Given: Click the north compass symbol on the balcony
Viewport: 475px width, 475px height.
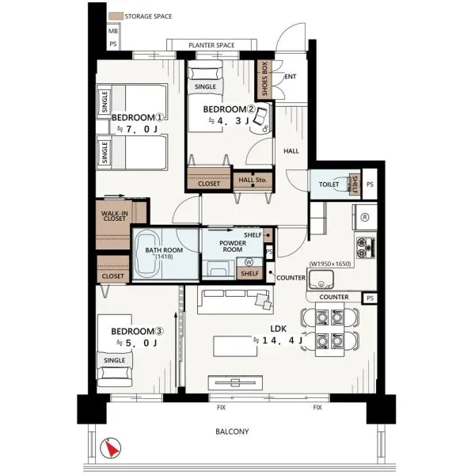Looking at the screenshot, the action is tap(111, 447).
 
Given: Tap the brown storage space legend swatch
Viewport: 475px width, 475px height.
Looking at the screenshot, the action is tap(116, 16).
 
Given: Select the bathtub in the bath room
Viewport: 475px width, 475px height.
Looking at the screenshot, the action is tap(147, 254).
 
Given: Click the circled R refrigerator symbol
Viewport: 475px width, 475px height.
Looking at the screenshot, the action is tap(365, 217).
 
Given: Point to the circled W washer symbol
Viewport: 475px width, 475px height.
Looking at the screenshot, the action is tap(249, 262).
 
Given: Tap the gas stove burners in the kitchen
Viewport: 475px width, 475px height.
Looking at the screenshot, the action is tap(366, 248).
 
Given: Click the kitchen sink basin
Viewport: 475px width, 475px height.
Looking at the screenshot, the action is tap(321, 279).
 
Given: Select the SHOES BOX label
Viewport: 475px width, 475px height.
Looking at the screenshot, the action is tap(264, 78).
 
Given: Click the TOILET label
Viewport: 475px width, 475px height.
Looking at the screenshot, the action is tap(329, 184).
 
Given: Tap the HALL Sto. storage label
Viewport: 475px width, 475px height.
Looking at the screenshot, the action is tap(253, 180).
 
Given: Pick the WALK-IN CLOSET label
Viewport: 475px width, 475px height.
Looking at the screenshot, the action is tap(115, 216).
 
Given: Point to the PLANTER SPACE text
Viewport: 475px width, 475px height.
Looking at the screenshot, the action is tap(211, 45).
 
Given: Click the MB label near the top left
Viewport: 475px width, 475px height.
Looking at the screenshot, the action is tap(113, 31).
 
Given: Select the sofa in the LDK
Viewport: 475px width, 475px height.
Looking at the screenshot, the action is tap(235, 299).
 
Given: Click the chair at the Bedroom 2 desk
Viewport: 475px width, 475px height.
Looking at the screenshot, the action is tap(260, 116).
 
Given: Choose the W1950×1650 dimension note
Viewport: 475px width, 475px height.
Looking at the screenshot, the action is tap(330, 264).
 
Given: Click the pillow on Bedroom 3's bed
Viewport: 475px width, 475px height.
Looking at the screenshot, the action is tap(115, 373).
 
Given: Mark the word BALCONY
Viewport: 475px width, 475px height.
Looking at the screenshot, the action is tap(232, 431).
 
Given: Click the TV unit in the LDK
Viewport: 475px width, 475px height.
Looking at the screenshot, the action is tap(235, 382).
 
